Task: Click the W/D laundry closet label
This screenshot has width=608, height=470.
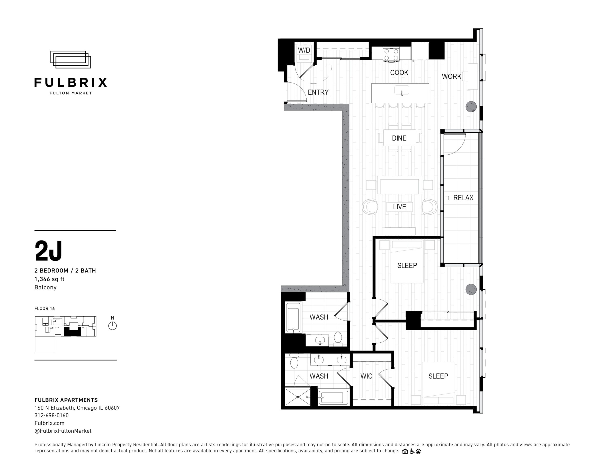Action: pos(304,50)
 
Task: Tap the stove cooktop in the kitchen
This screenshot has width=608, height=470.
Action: pos(391,54)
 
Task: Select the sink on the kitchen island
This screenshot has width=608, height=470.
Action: pos(402,90)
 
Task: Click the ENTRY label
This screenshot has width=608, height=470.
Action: pos(318,92)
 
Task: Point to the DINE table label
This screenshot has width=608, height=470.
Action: pos(399,138)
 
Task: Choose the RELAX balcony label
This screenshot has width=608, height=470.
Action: pos(463,198)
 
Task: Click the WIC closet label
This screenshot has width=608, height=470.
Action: pos(366,376)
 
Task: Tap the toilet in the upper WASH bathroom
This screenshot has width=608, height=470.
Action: pos(338,339)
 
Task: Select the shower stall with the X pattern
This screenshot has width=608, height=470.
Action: pos(298,397)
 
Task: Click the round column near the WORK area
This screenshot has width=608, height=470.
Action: pos(471,107)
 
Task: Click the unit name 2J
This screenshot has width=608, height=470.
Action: pos(48,251)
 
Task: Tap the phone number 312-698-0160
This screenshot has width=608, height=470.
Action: pos(52,415)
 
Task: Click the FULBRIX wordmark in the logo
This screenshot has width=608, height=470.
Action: pos(71,82)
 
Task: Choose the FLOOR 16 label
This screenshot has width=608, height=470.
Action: pos(45,308)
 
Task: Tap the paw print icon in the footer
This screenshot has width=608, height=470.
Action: pos(418,451)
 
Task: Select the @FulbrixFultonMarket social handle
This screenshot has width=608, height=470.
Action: pos(63,431)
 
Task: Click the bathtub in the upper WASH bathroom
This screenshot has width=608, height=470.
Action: pos(293,318)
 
